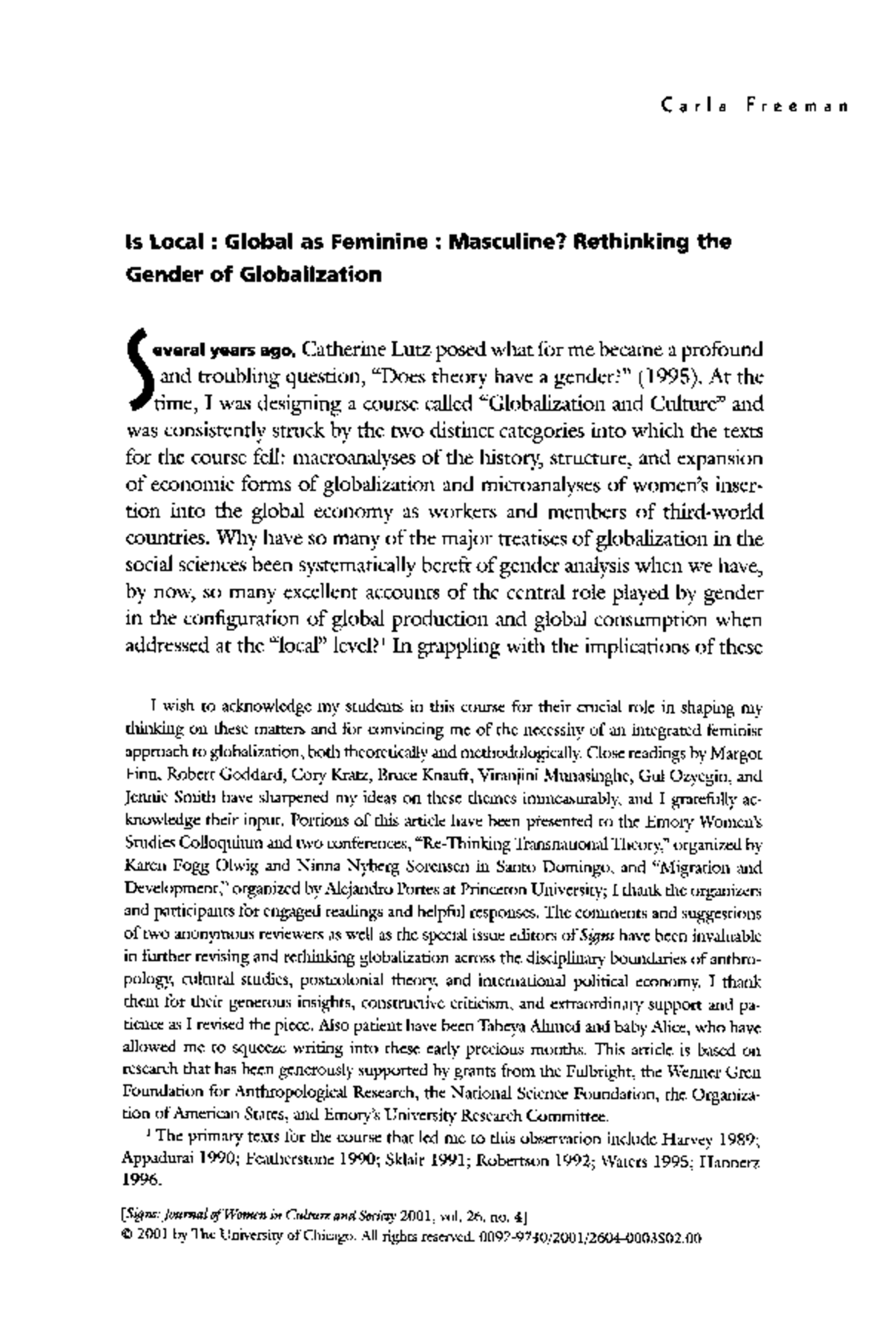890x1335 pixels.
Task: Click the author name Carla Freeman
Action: click(x=752, y=106)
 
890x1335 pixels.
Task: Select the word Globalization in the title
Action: click(x=309, y=274)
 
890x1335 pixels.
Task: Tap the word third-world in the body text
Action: click(x=718, y=512)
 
